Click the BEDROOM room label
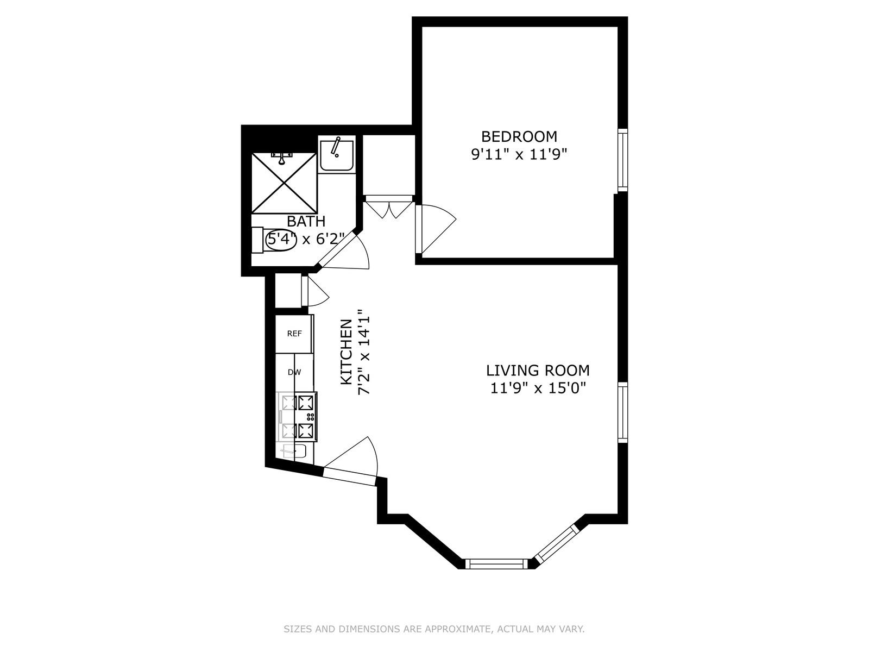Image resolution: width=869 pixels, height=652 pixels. click(x=519, y=136)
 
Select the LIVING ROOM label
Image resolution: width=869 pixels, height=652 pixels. click(x=538, y=371)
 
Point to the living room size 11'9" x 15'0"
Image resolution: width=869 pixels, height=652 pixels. click(x=538, y=388)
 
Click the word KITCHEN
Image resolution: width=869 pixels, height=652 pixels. click(x=346, y=352)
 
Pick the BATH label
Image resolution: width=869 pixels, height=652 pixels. click(x=306, y=222)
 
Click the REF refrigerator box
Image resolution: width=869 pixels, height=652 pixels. click(x=294, y=334)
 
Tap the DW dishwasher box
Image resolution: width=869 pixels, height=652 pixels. click(x=294, y=372)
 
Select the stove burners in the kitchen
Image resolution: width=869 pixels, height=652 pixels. click(x=298, y=417)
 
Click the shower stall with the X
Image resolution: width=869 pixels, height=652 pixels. click(x=284, y=183)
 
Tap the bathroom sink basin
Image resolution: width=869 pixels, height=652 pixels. click(x=336, y=154)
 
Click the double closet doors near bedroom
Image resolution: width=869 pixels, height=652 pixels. click(x=389, y=209)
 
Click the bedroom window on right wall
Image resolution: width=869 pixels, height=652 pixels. click(x=622, y=160)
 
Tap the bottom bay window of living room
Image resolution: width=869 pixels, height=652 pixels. click(x=498, y=564)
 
